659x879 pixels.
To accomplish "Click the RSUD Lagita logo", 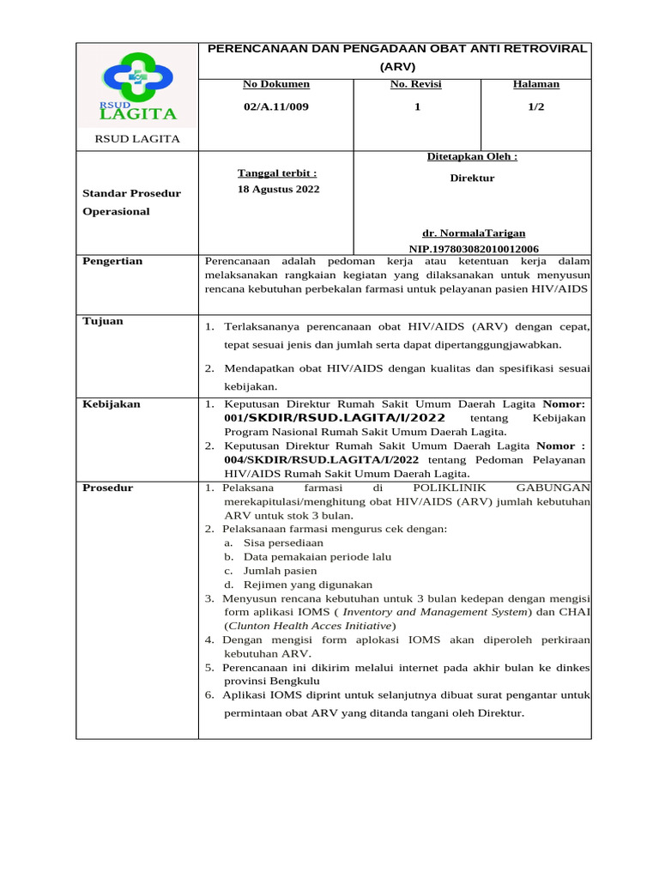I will pyautogui.click(x=137, y=87).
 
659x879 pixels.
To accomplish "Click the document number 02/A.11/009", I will pyautogui.click(x=275, y=106).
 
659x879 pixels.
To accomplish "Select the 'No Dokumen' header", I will pyautogui.click(x=275, y=84).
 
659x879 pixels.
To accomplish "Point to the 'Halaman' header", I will pyautogui.click(x=535, y=84).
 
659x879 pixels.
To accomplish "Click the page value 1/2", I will pyautogui.click(x=535, y=106).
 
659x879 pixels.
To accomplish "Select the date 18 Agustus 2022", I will pyautogui.click(x=278, y=189).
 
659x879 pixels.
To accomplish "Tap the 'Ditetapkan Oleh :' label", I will pyautogui.click(x=472, y=156).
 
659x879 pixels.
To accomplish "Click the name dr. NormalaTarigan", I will pyautogui.click(x=474, y=233).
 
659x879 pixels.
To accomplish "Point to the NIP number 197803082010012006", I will pyautogui.click(x=474, y=248).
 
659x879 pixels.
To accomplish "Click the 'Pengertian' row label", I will pyautogui.click(x=112, y=261).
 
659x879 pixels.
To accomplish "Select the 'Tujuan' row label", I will pyautogui.click(x=103, y=321).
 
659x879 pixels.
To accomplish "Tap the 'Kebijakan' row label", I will pyautogui.click(x=112, y=403).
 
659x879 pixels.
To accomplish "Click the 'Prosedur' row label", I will pyautogui.click(x=108, y=488).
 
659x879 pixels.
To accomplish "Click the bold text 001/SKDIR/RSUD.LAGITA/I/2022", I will pyautogui.click(x=335, y=418).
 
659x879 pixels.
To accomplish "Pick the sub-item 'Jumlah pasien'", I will pyautogui.click(x=280, y=570).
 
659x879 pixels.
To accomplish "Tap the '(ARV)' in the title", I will pyautogui.click(x=397, y=65).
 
